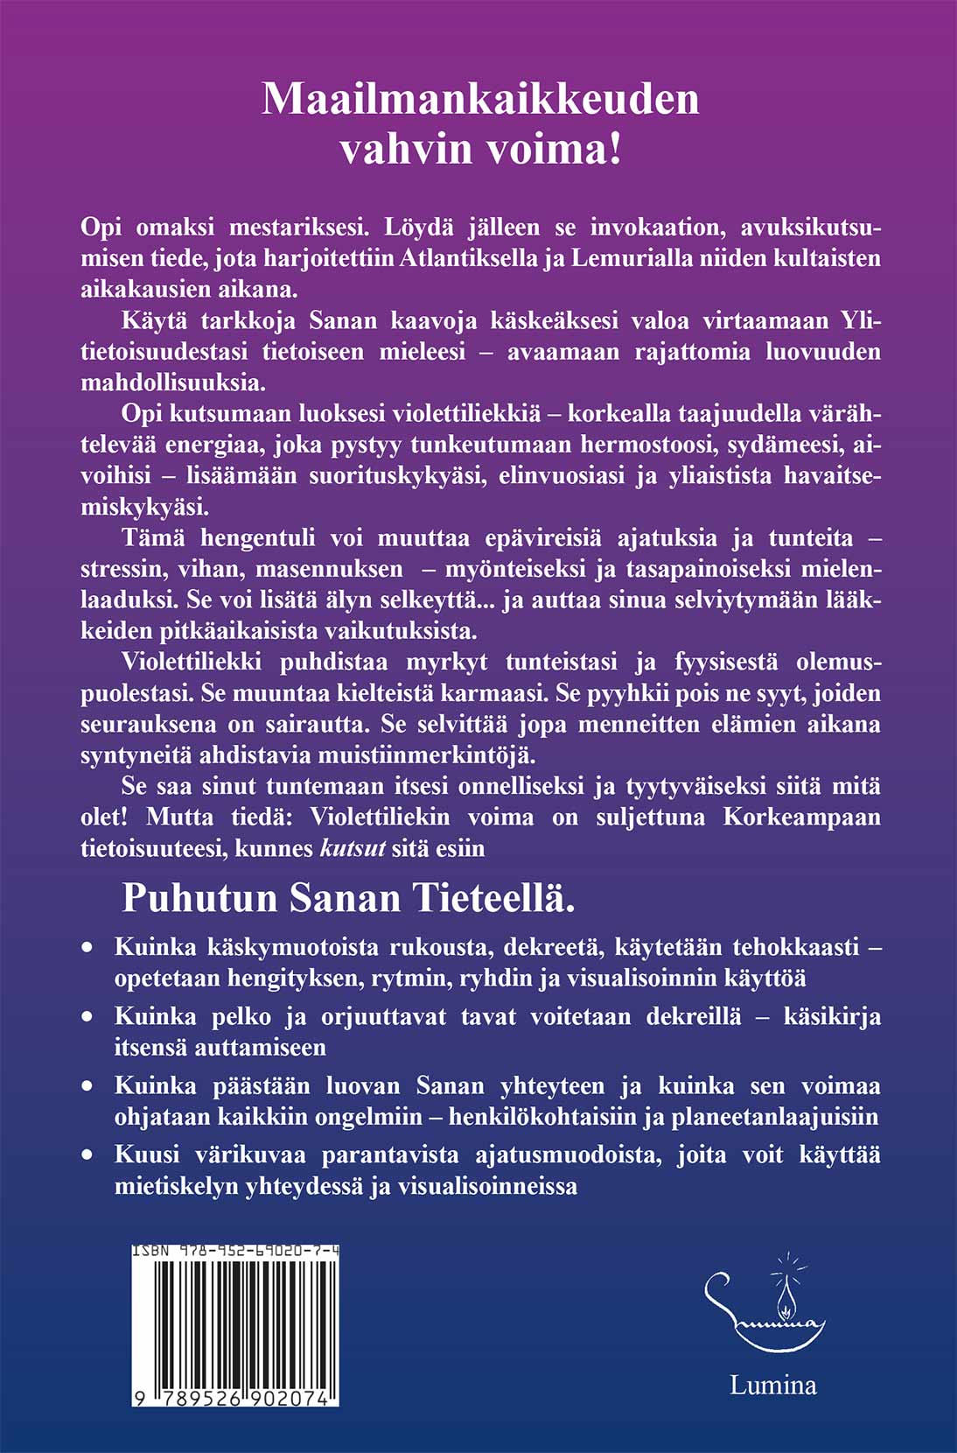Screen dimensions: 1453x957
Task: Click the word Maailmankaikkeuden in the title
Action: (x=480, y=99)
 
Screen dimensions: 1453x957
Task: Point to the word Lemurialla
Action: (x=634, y=258)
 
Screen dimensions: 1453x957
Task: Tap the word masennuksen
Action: (x=341, y=569)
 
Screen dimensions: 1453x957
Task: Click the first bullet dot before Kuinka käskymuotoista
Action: (x=87, y=947)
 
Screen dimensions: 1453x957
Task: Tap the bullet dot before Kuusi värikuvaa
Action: (x=87, y=1155)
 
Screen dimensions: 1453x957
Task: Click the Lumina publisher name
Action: (x=773, y=1385)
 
